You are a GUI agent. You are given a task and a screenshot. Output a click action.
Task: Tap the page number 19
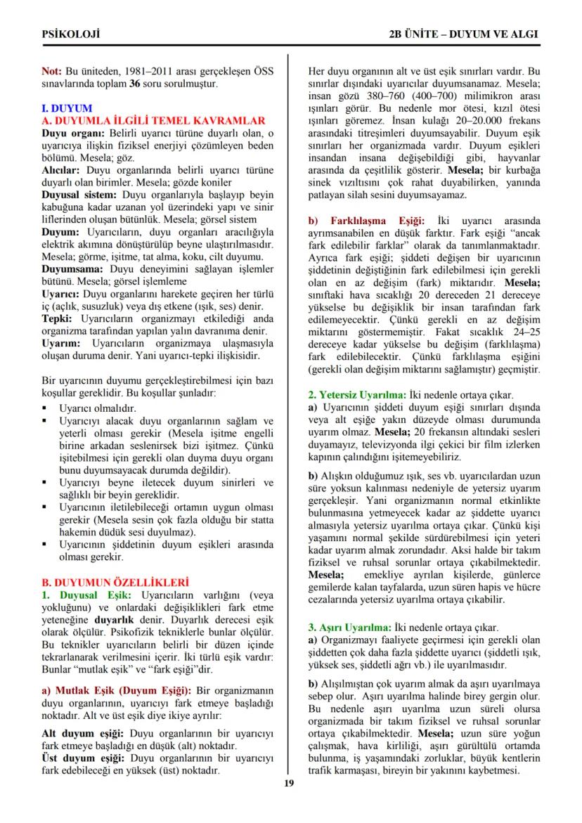point(289,784)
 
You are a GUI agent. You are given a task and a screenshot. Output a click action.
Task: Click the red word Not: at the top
point(52,72)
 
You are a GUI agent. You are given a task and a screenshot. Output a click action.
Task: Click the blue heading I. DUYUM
point(67,109)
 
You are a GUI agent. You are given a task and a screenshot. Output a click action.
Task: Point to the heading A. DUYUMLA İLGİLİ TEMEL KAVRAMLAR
point(153,121)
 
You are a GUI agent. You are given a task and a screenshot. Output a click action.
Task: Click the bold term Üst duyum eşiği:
point(83,758)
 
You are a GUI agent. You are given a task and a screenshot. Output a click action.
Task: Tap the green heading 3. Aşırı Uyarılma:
point(353,627)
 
